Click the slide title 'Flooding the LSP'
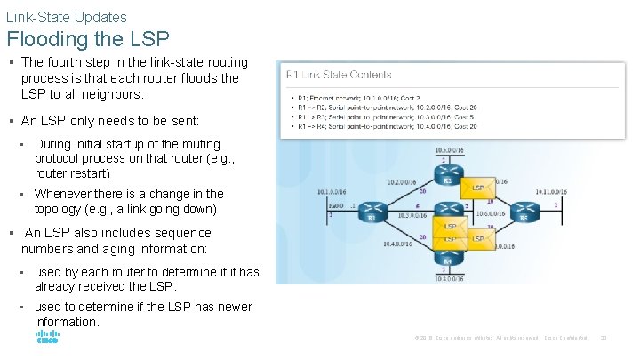point(87,39)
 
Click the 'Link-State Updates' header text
point(67,17)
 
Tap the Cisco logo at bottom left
point(47,338)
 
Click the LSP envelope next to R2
point(477,188)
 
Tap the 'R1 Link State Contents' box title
point(338,75)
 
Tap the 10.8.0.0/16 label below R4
point(447,278)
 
